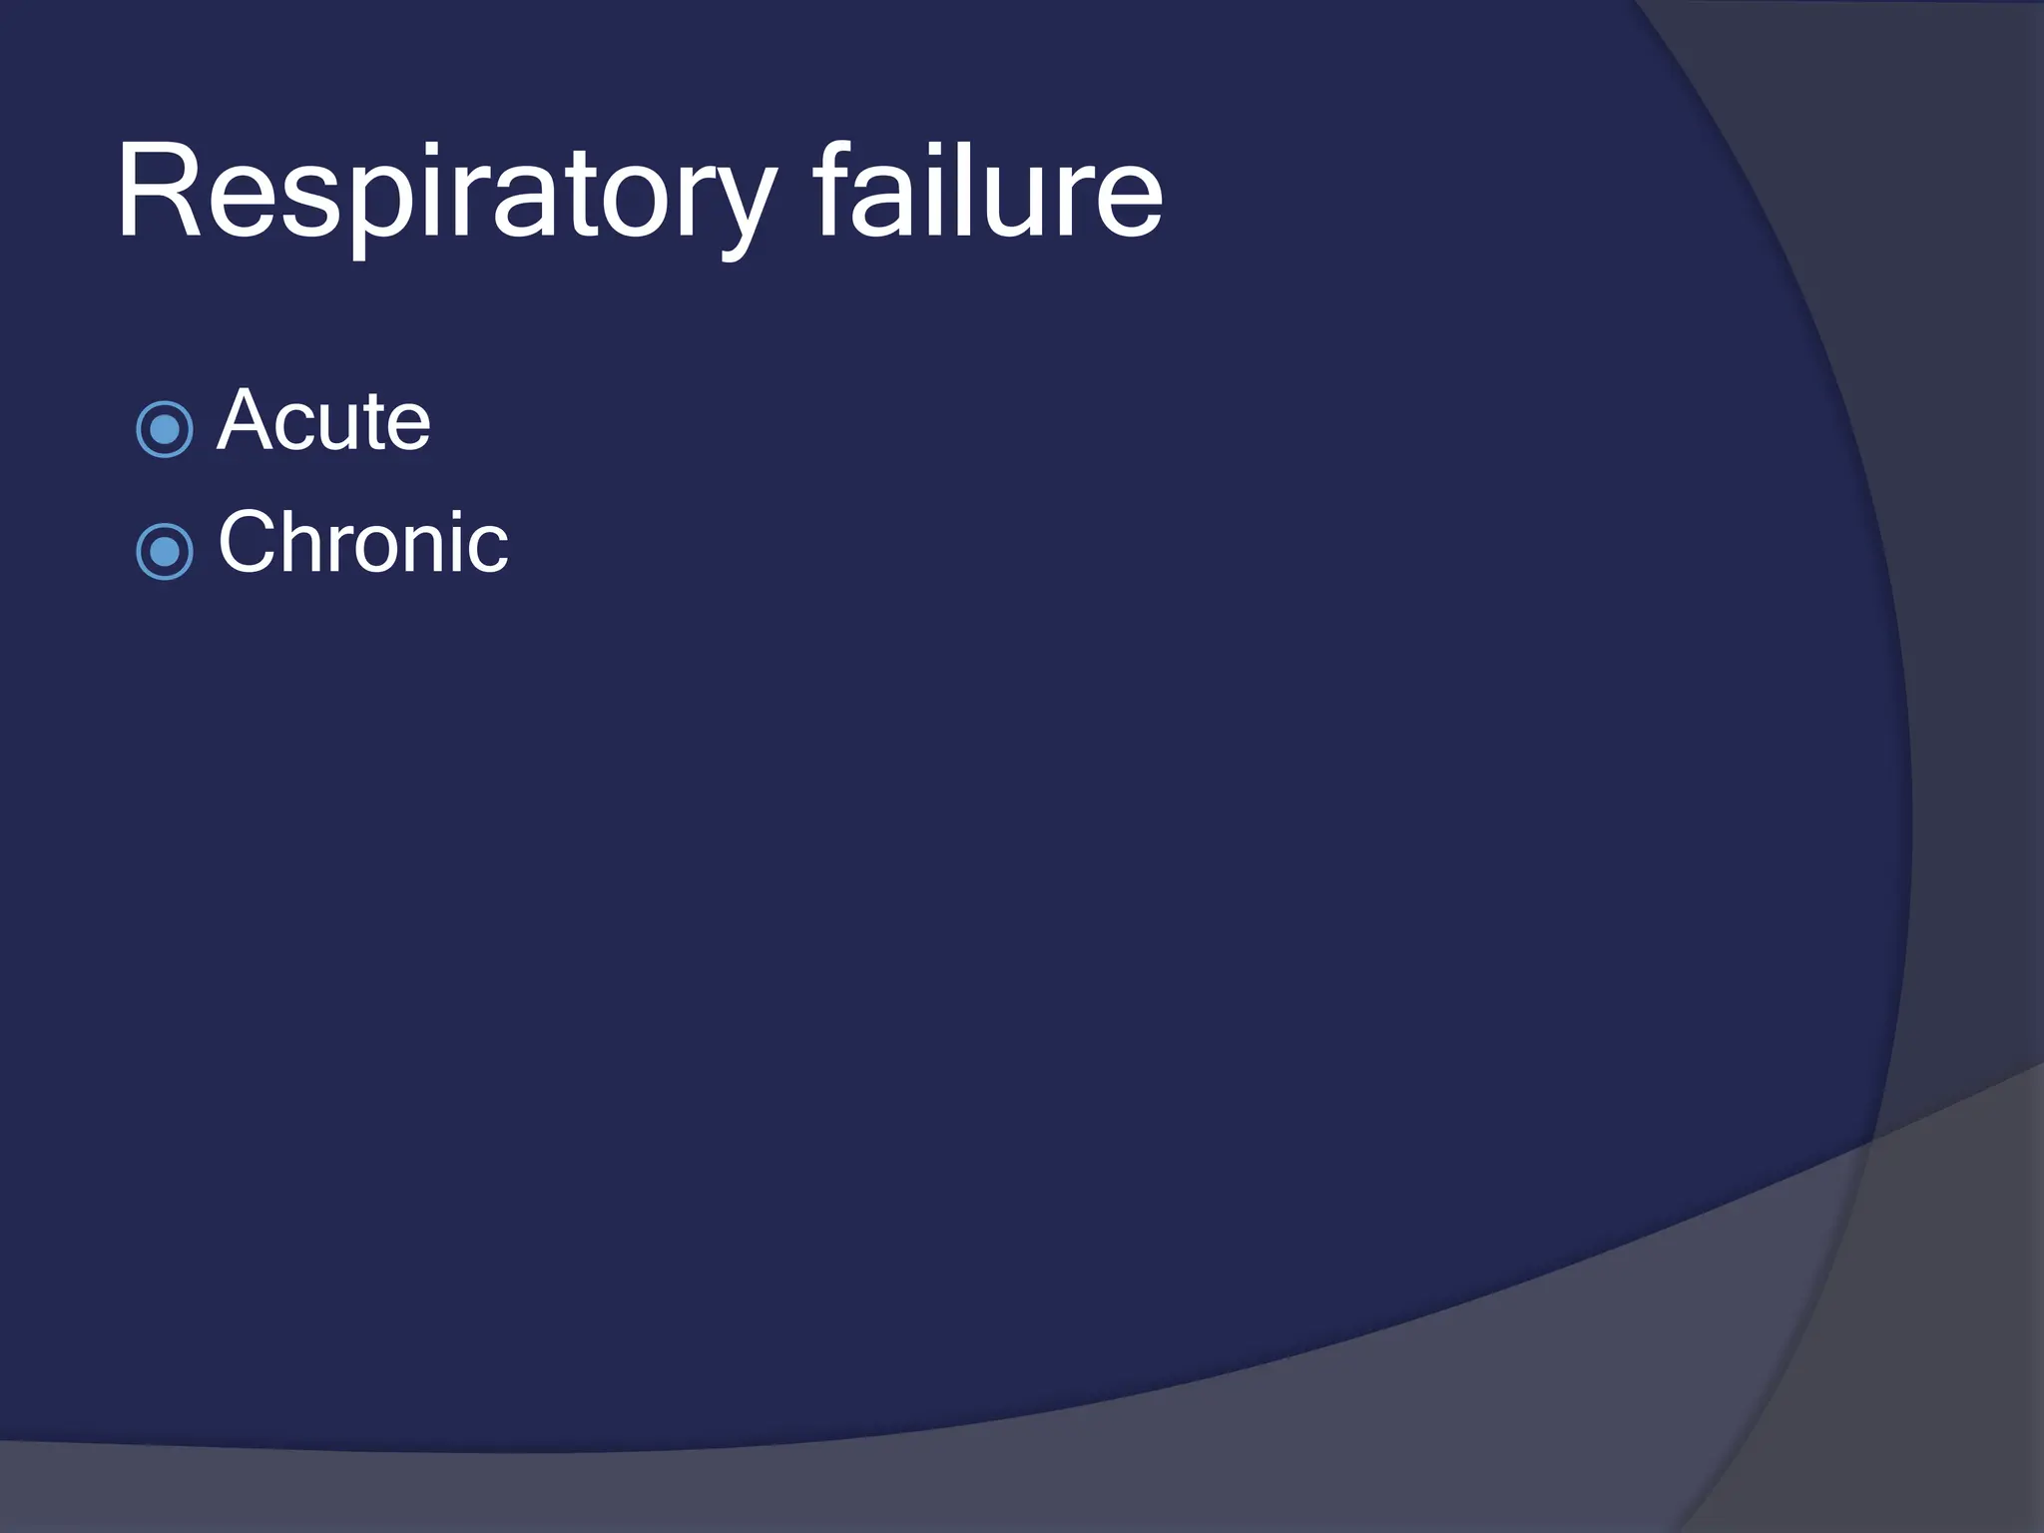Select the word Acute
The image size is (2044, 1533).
[x=323, y=421]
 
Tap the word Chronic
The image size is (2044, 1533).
[x=363, y=543]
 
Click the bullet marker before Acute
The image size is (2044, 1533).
[x=165, y=429]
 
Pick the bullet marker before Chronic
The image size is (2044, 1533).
[x=165, y=551]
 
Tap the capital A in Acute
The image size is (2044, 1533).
[x=245, y=421]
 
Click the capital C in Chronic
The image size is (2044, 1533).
[x=248, y=543]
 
